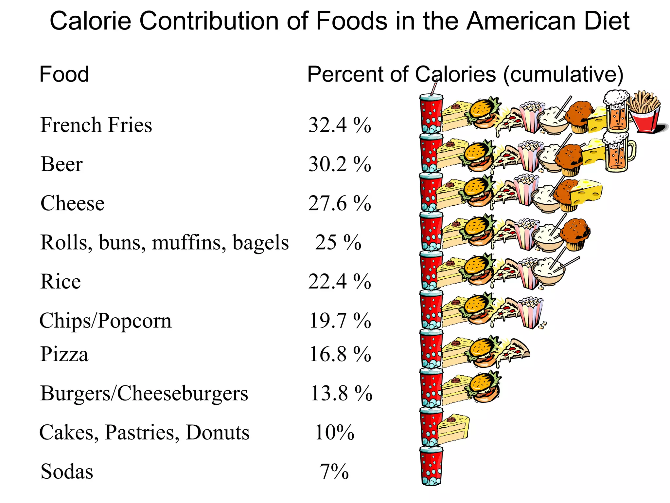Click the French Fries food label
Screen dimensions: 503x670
point(96,125)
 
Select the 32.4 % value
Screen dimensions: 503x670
point(340,125)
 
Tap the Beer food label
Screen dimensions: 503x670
point(62,164)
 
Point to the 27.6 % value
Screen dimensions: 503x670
point(340,203)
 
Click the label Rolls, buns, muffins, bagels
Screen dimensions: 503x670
point(164,243)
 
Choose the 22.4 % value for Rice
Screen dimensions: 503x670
point(340,282)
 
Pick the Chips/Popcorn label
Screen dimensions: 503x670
point(105,321)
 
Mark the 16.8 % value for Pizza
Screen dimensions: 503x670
point(340,354)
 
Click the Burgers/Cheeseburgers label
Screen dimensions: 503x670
point(144,393)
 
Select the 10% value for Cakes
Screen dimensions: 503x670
point(334,432)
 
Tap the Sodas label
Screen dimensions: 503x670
point(67,472)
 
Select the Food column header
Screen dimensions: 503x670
point(64,74)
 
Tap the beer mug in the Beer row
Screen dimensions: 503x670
point(618,154)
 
